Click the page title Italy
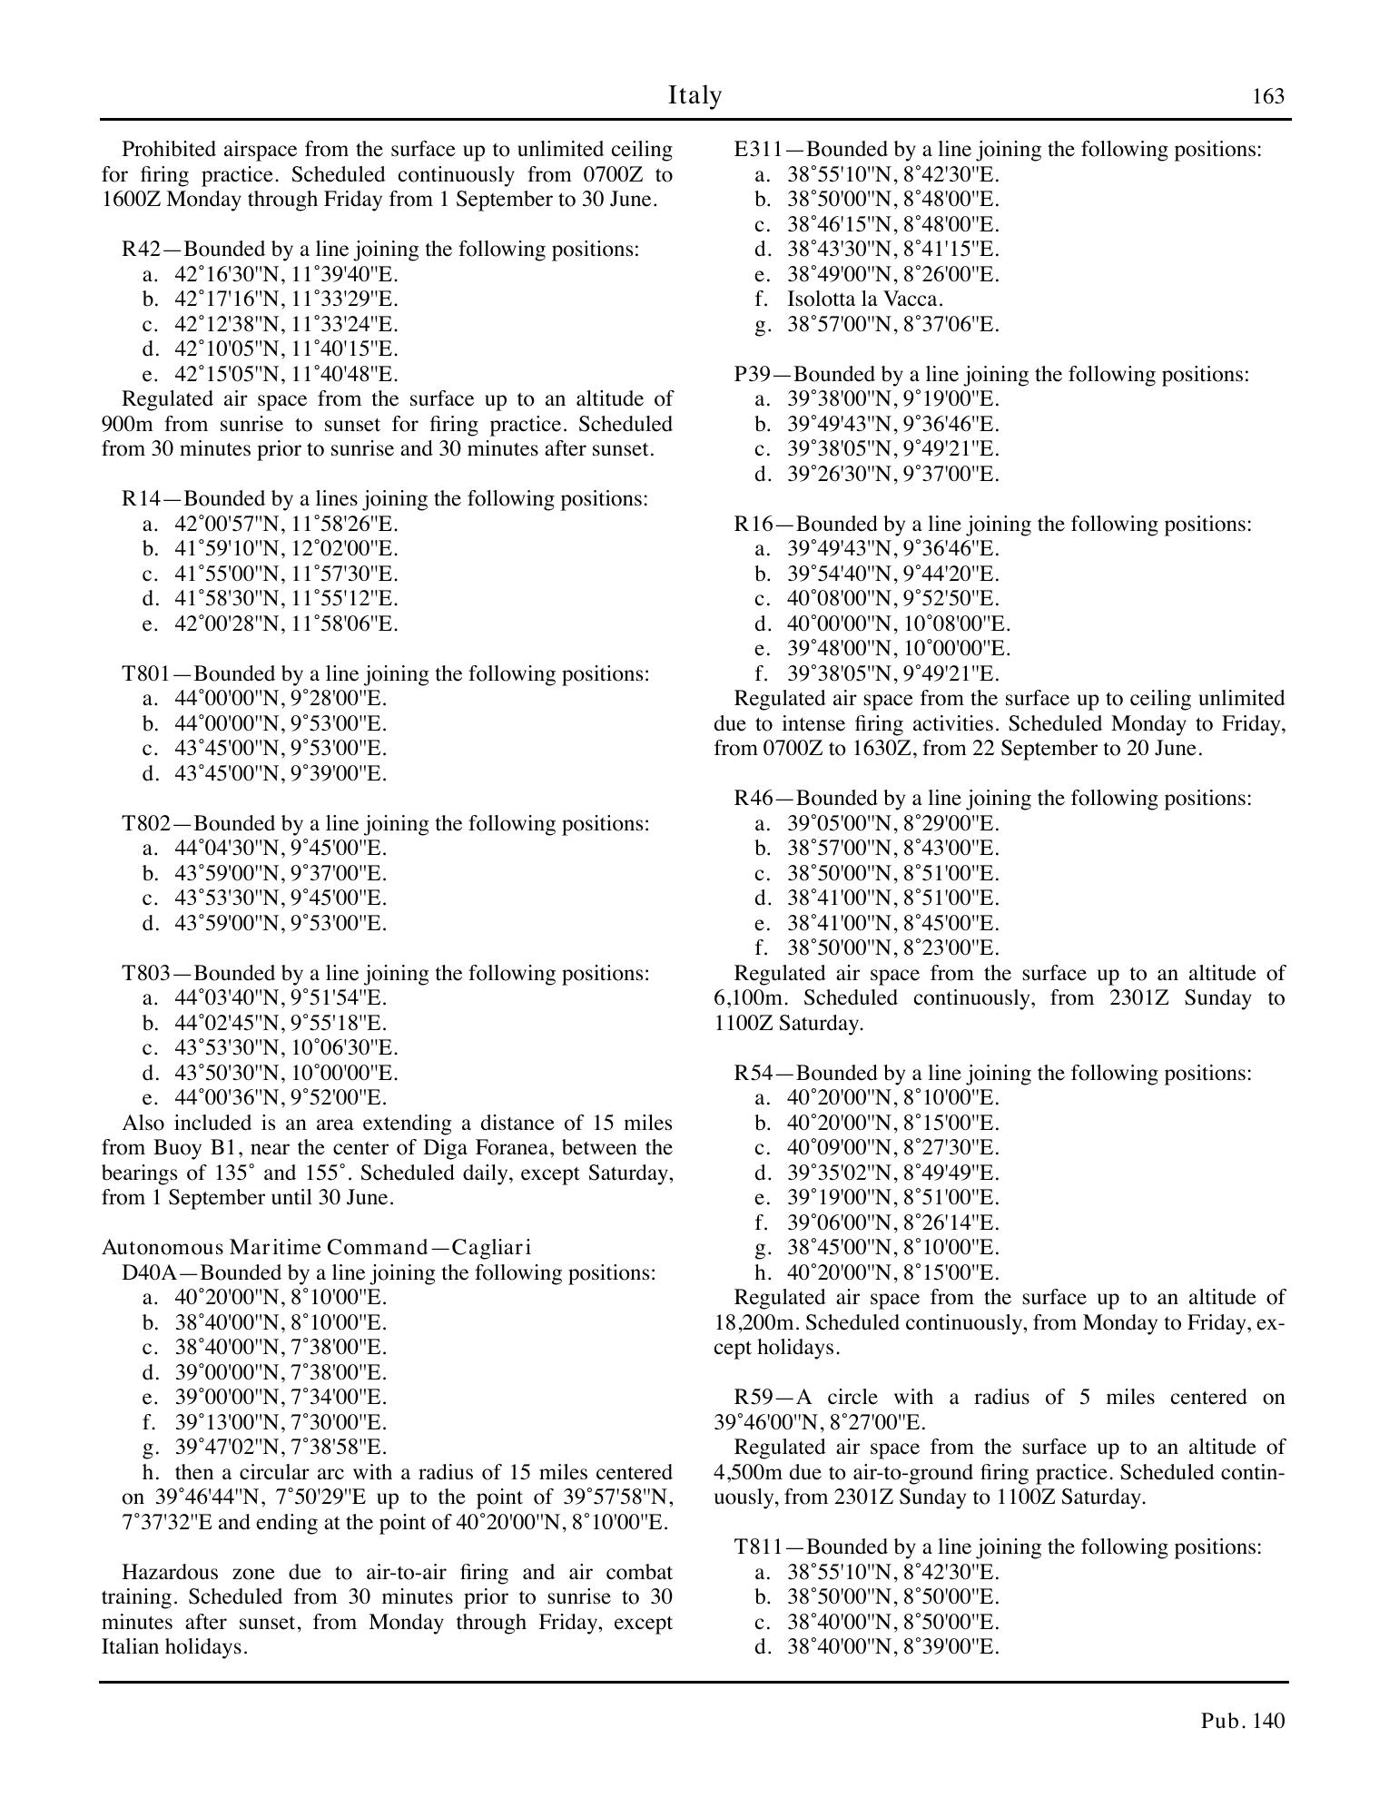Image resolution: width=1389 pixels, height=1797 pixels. [x=694, y=95]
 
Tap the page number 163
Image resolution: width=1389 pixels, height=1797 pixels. [x=1267, y=97]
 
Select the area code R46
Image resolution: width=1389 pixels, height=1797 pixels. [x=754, y=799]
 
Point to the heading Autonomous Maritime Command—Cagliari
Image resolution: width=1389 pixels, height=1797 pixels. [x=316, y=1248]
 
